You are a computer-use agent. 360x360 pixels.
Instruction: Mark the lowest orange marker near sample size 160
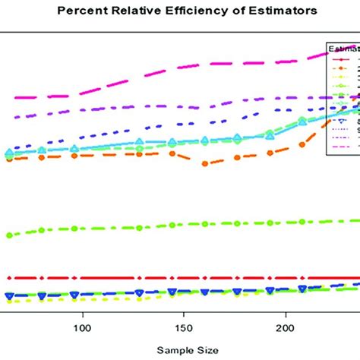click(205, 163)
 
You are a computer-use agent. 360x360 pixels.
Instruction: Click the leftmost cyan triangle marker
click(9, 153)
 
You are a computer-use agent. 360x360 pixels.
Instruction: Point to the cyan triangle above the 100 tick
click(74, 149)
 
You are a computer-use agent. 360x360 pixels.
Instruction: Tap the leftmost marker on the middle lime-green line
click(9, 235)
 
